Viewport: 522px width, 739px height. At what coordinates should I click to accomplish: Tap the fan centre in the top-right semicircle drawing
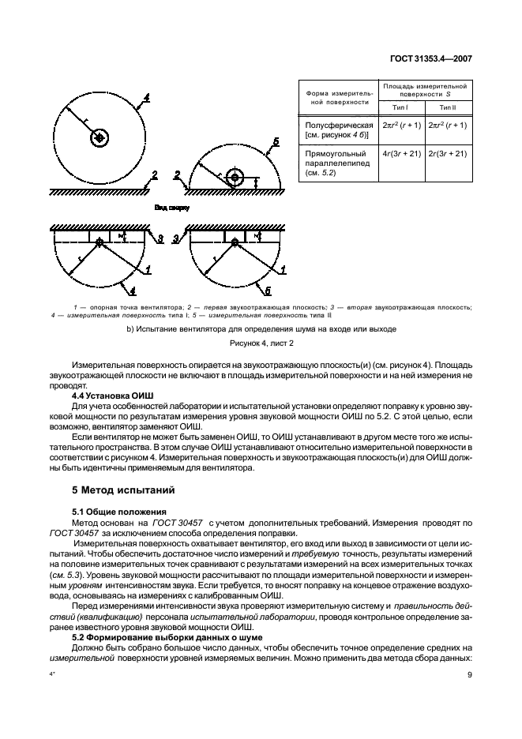(233, 176)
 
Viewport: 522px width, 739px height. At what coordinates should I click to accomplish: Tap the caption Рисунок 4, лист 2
(261, 343)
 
